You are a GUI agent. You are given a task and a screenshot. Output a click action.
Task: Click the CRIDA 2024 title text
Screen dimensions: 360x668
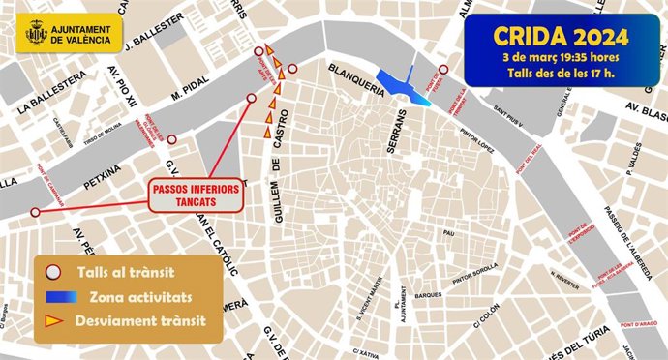(561, 37)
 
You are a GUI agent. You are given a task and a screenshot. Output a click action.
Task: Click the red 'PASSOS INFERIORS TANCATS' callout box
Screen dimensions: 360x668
(196, 195)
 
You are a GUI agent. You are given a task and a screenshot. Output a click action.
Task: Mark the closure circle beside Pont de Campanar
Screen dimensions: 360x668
(35, 212)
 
